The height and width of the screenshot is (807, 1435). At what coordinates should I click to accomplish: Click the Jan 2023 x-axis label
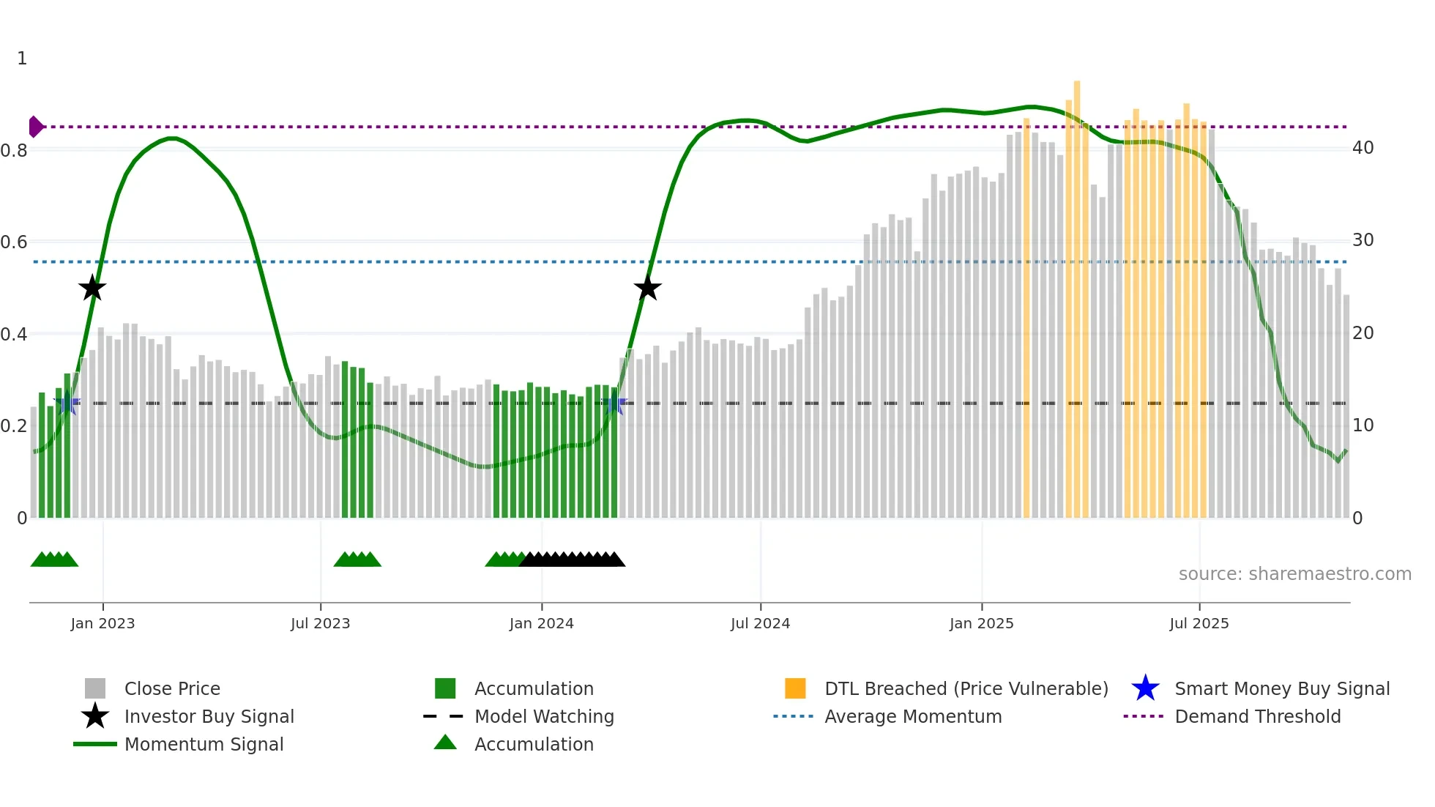point(102,623)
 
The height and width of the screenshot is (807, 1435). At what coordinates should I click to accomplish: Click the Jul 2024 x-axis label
point(760,623)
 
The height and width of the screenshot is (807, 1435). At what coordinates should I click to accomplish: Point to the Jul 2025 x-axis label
point(1199,623)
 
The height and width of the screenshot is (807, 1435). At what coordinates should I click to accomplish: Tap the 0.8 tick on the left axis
point(14,151)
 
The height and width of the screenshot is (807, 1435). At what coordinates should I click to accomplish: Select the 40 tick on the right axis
point(1363,148)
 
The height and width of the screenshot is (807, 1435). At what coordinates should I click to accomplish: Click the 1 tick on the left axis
point(22,59)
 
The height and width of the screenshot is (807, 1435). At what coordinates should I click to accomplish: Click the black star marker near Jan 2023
point(92,289)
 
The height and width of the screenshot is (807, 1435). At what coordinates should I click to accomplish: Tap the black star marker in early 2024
point(647,289)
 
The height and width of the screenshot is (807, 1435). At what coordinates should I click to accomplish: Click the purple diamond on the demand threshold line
point(35,127)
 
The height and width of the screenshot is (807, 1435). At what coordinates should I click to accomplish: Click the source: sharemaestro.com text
point(1294,574)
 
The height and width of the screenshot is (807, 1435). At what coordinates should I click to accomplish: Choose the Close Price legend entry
point(172,688)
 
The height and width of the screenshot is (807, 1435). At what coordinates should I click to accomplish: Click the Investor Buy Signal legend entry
point(209,716)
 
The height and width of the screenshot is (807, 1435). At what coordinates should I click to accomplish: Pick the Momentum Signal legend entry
point(204,744)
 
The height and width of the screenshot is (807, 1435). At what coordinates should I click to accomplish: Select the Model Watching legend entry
point(544,716)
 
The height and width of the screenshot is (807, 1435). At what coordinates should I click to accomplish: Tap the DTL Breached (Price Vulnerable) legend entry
point(966,688)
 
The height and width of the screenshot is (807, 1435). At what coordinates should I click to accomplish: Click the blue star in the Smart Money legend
point(1145,688)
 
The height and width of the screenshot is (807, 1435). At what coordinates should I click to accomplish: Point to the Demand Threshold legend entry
point(1257,716)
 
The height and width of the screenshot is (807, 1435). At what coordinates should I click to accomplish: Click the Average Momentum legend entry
point(912,716)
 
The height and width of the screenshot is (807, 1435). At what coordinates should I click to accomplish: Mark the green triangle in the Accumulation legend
point(445,743)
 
